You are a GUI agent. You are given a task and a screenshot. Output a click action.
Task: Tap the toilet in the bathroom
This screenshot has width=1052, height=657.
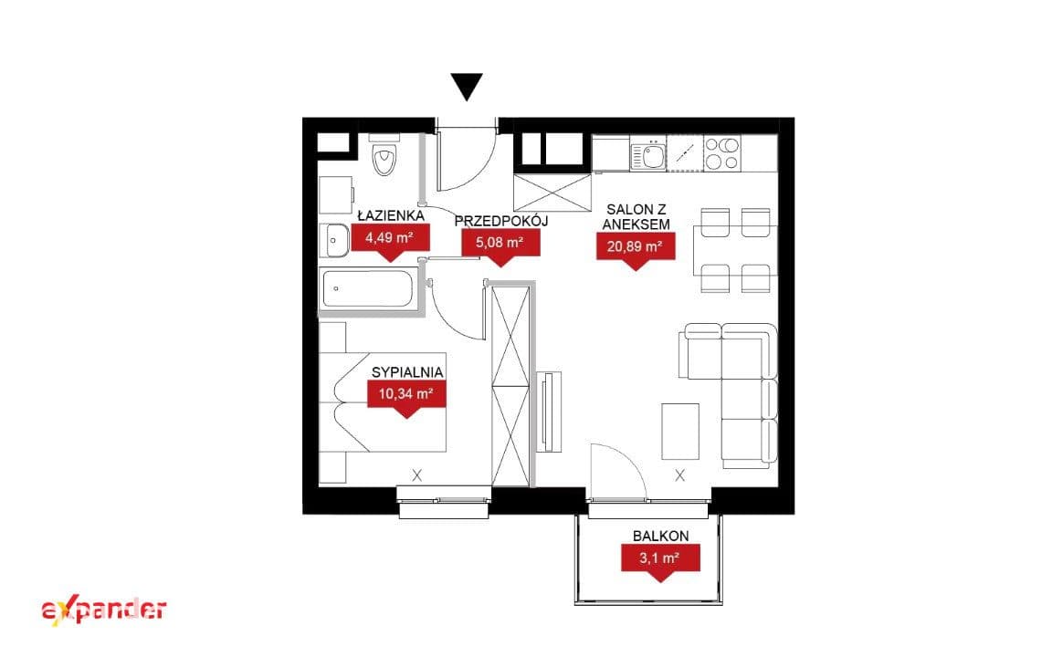point(384,154)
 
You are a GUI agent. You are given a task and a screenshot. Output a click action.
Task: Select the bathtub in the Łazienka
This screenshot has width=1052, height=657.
point(367,288)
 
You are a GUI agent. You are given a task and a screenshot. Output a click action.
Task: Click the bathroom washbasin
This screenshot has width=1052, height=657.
point(335,241)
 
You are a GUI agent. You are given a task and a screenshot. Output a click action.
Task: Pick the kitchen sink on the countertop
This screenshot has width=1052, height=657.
point(648,155)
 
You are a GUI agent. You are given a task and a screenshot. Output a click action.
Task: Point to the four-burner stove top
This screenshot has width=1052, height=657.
point(721,153)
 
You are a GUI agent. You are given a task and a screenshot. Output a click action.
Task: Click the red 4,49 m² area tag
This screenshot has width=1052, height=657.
point(390,241)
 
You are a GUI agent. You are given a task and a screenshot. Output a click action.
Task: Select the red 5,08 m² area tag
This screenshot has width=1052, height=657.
point(500,246)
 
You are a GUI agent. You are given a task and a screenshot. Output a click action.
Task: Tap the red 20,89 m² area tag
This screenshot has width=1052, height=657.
point(636,251)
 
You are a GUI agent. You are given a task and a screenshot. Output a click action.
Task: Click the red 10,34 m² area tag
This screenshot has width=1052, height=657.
point(406,399)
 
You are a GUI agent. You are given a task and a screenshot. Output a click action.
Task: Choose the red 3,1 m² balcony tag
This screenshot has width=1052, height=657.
point(660,563)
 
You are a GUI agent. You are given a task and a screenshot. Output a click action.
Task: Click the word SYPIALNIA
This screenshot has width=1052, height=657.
point(407,372)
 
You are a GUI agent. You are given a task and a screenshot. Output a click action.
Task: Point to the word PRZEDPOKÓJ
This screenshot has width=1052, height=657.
point(501,221)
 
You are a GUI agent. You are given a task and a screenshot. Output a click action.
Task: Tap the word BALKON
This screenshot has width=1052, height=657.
point(661,537)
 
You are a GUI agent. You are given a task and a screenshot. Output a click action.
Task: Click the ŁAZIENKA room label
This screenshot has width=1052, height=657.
point(391,215)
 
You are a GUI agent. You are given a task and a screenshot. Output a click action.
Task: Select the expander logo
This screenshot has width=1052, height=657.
point(104,610)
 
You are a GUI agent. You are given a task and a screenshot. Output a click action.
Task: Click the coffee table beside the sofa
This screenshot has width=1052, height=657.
point(680,431)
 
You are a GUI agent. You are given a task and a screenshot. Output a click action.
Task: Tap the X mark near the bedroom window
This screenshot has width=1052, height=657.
point(417,475)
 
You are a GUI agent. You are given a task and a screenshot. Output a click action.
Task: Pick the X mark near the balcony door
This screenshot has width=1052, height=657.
point(679,475)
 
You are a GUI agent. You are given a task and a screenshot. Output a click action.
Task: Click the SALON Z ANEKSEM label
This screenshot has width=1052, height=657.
point(636,216)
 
